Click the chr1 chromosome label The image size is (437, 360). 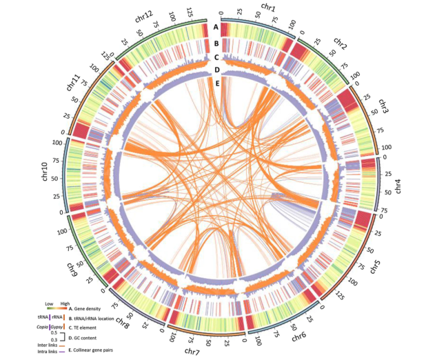pos(269,8)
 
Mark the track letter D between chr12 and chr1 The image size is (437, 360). pos(217,70)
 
